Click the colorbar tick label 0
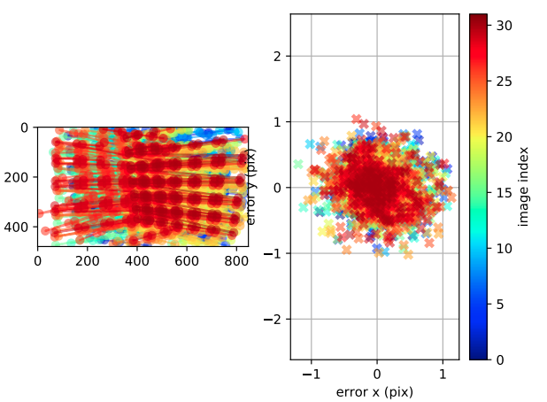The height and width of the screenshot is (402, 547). click(502, 359)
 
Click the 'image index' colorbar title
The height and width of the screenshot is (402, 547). click(525, 187)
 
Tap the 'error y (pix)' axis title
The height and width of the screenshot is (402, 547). click(251, 187)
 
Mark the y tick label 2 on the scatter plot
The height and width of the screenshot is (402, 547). click(277, 56)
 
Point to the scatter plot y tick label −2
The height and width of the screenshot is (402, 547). click(273, 319)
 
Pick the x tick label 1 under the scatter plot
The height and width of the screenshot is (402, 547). click(443, 375)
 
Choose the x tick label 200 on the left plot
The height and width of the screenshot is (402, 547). click(87, 261)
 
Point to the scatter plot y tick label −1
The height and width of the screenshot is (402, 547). click(273, 253)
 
